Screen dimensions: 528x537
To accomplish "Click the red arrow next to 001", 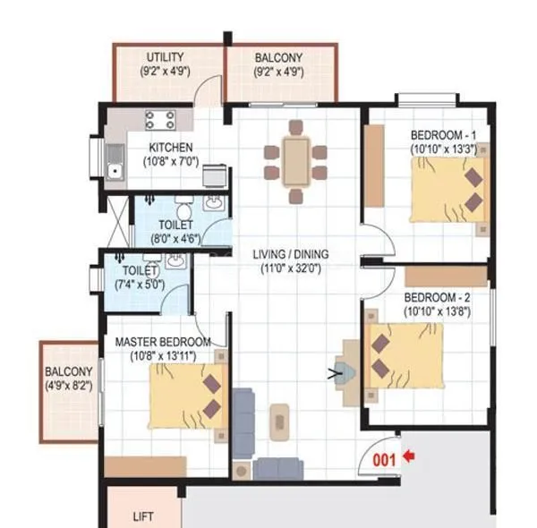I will pos(409,457).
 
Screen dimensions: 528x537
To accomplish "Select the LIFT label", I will pos(143,516).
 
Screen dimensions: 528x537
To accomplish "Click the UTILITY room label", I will pos(166,57).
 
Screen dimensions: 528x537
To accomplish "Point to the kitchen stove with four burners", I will pos(160,120).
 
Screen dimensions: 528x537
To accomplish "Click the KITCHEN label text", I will pos(170,148).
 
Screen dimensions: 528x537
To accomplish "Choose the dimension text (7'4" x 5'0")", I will pos(140,284).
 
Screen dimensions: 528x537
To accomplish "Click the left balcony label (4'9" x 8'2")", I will pos(69,387).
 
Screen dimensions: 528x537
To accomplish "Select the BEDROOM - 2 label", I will pos(437,297).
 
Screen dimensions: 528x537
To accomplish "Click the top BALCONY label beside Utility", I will pos(278,57).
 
